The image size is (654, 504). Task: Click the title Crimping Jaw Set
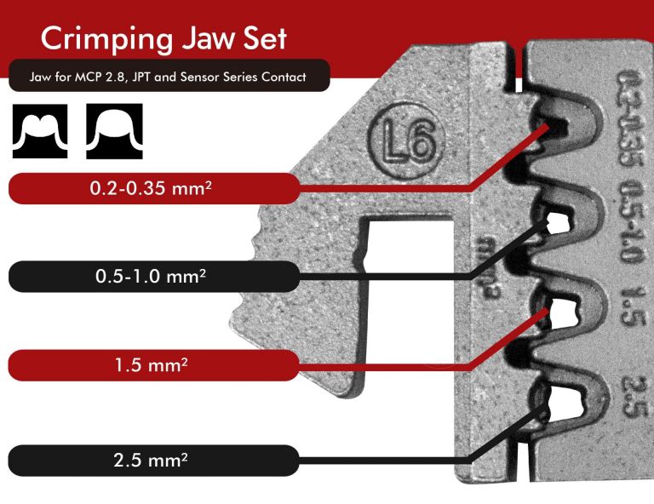point(163,38)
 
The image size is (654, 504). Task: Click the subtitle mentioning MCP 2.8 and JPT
point(168,77)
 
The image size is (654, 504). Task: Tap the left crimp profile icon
point(40,132)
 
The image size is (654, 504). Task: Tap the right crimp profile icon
point(114,132)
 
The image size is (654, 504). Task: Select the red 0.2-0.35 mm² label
point(153,188)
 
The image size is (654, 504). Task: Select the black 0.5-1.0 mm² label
point(153,277)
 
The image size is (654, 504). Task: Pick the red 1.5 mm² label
point(153,366)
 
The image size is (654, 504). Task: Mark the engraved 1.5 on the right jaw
point(631,311)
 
